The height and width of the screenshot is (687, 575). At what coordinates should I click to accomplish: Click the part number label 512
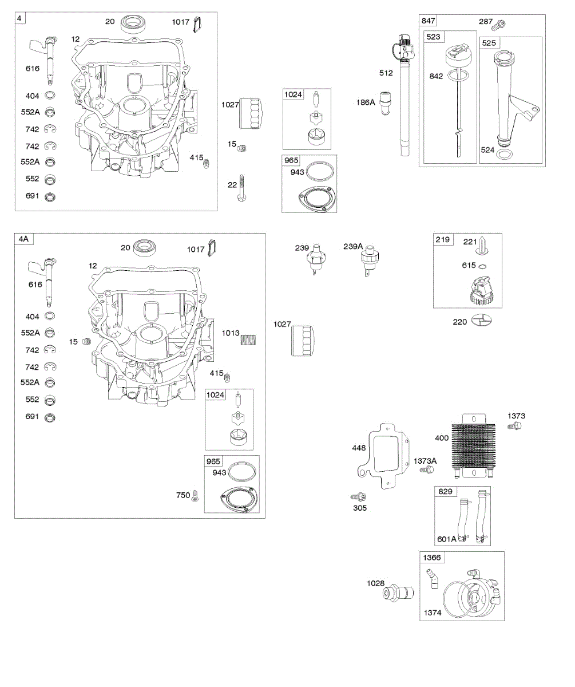[386, 73]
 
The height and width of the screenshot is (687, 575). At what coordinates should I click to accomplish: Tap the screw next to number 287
[502, 23]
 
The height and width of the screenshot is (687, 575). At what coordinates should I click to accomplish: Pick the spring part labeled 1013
[247, 339]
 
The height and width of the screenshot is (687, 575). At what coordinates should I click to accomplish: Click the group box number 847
[428, 21]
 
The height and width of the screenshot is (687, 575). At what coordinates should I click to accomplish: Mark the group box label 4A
[23, 240]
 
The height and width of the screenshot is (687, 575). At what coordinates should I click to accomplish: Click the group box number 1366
[432, 558]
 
